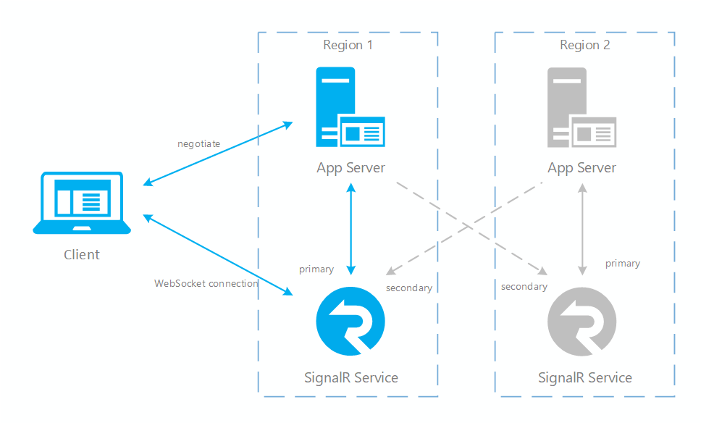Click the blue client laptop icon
82,203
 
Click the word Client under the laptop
82,254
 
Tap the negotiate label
198,143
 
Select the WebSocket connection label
206,283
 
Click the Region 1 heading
348,45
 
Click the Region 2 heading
584,45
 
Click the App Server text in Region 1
350,167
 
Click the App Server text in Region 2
582,167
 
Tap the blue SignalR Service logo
350,322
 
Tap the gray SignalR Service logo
582,322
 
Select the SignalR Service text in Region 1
350,377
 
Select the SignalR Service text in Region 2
584,377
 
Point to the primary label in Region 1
316,269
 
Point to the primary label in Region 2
622,263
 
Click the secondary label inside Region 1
408,288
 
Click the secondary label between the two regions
524,286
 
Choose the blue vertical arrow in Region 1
350,228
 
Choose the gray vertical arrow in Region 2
582,228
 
